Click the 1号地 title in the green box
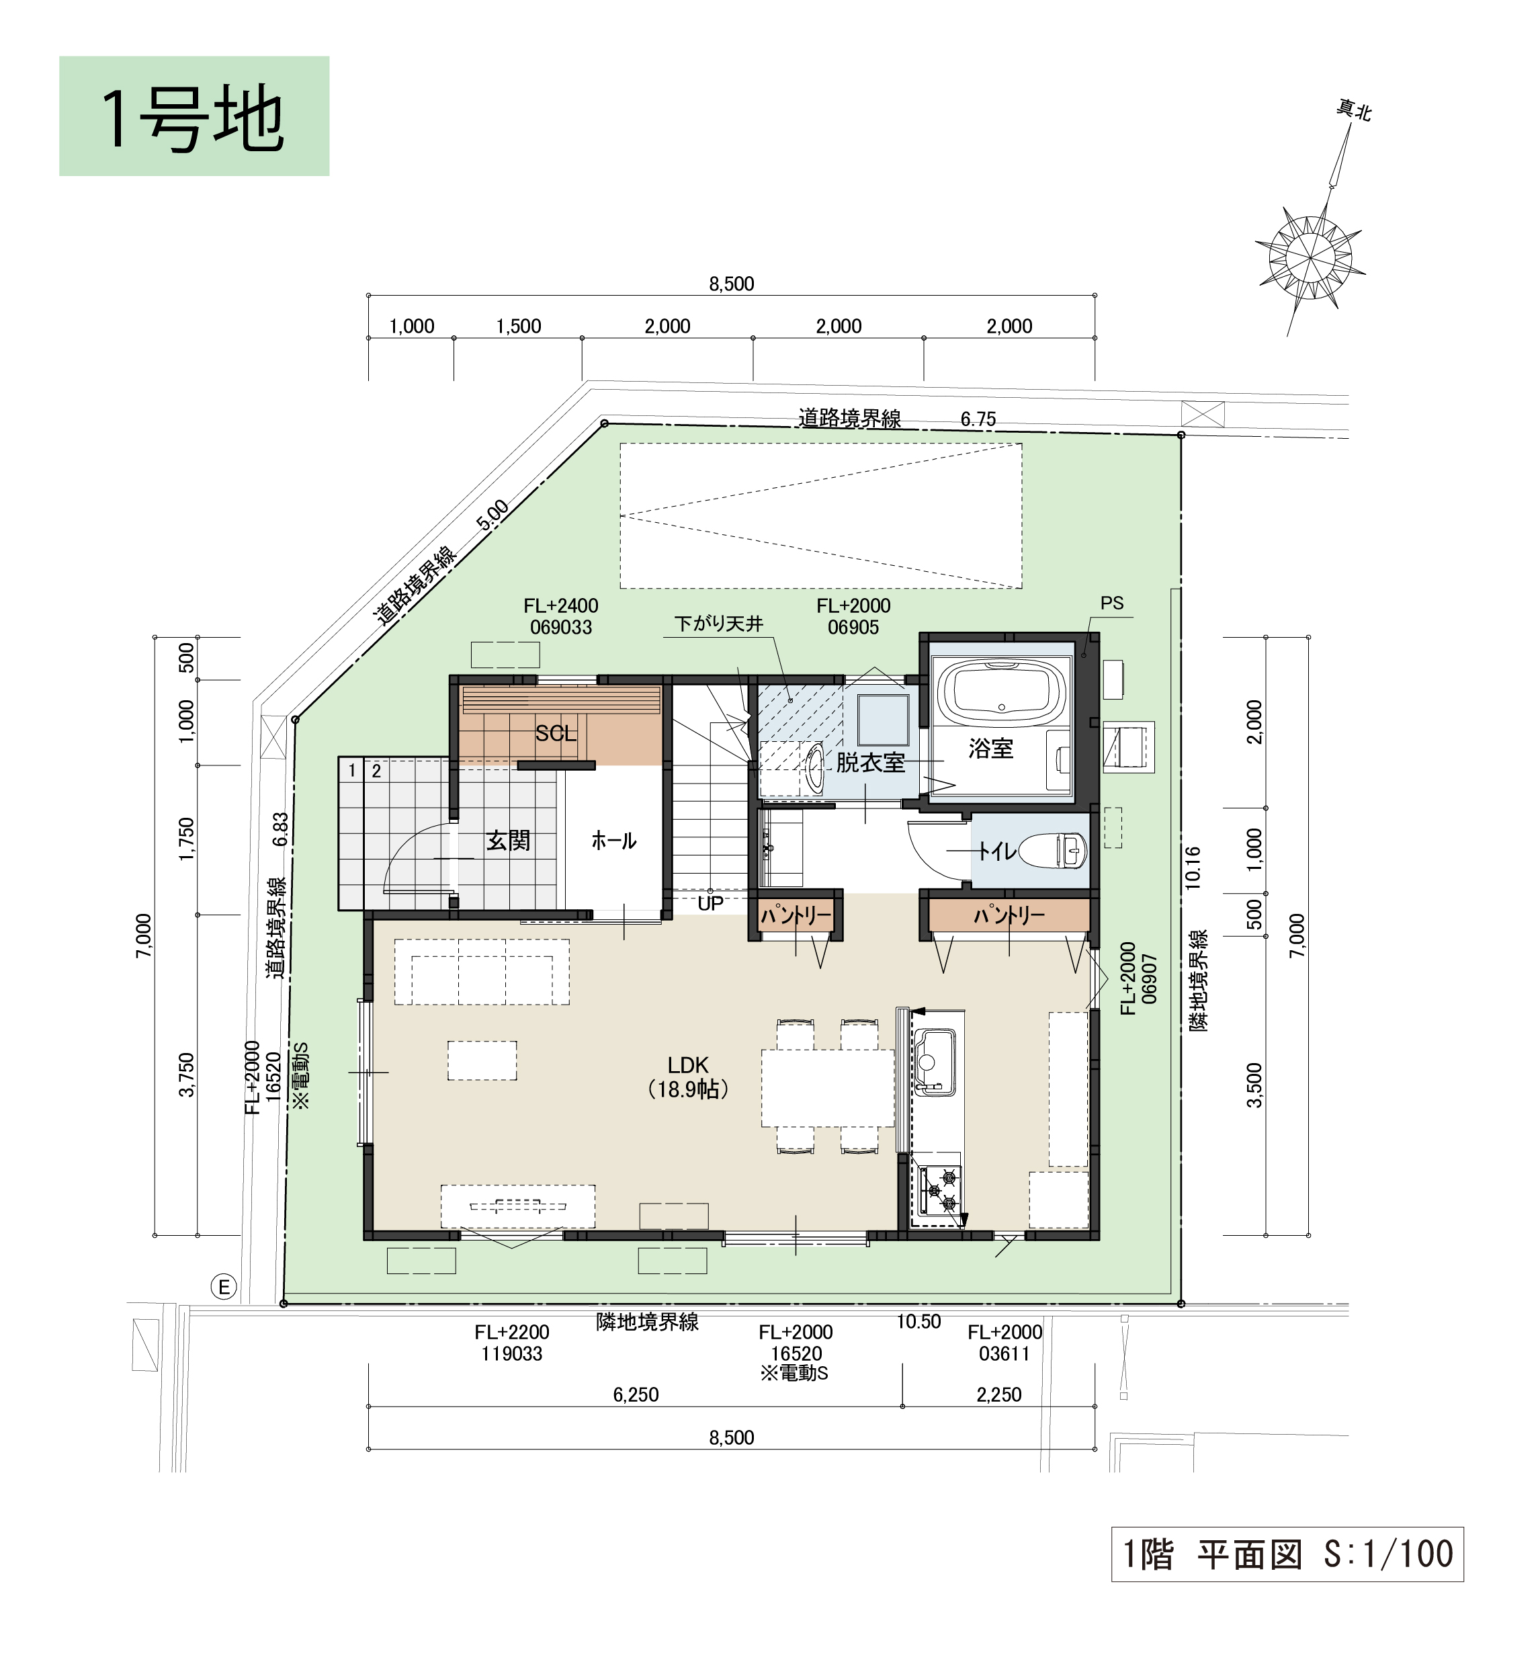[x=194, y=119]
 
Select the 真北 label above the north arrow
[x=1354, y=110]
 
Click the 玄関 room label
[x=509, y=841]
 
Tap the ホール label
[x=613, y=841]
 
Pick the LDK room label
[x=687, y=1065]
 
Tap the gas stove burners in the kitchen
[x=940, y=1191]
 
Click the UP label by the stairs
[x=710, y=903]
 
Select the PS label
[x=1112, y=603]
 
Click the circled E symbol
[x=223, y=1288]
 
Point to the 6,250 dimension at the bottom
[x=636, y=1395]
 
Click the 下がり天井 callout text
[x=718, y=624]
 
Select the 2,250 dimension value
[x=999, y=1395]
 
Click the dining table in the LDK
[x=828, y=1089]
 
